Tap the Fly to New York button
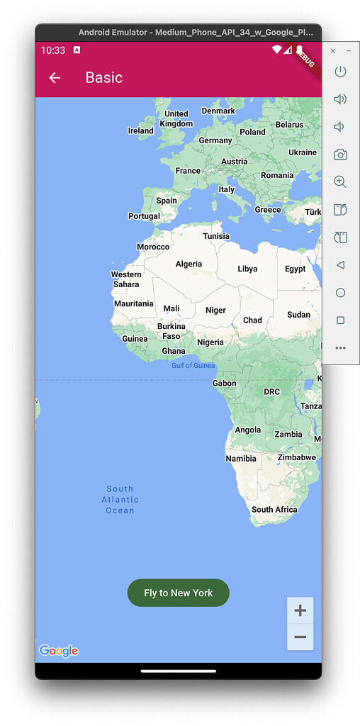click(x=178, y=593)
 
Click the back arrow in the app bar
click(x=55, y=78)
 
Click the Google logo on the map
click(x=58, y=651)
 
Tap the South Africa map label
click(x=274, y=510)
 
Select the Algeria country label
click(x=189, y=264)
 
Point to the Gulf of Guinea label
click(x=193, y=366)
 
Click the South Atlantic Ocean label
click(x=120, y=499)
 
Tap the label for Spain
click(x=167, y=201)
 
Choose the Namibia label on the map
click(x=241, y=459)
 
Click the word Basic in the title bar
click(x=104, y=77)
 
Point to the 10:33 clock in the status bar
click(x=52, y=50)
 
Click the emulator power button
click(x=340, y=72)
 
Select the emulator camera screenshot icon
click(x=340, y=155)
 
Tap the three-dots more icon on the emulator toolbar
click(x=340, y=348)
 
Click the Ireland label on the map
click(x=140, y=130)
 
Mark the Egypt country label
click(x=295, y=269)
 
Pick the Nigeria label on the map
click(x=210, y=342)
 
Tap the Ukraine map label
click(x=303, y=152)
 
